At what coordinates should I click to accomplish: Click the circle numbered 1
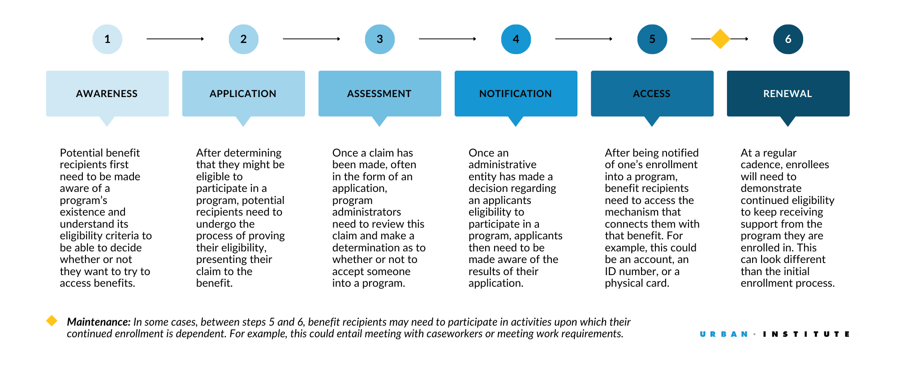tap(107, 39)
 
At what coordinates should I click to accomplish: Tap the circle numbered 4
tap(516, 39)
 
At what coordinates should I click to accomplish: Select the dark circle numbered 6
tap(788, 39)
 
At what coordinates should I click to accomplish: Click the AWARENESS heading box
tap(107, 93)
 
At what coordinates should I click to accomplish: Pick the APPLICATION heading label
tap(243, 93)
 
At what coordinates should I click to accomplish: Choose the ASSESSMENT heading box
tap(379, 93)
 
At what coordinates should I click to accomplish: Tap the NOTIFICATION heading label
tap(516, 93)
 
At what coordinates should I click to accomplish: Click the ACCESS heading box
tap(652, 93)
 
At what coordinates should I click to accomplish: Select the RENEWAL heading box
tap(788, 93)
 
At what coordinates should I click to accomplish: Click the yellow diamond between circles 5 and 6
tap(720, 39)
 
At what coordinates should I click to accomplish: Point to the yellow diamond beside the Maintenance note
tap(52, 321)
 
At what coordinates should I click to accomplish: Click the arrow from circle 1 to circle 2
tap(175, 39)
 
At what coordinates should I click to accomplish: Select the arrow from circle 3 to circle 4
tap(447, 39)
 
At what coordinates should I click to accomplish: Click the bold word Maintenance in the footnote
tap(99, 322)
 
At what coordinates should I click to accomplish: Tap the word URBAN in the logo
tap(724, 334)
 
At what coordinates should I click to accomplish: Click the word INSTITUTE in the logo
tap(806, 334)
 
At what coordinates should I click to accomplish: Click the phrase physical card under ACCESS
tap(637, 283)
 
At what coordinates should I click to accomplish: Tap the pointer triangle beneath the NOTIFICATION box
tap(516, 121)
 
